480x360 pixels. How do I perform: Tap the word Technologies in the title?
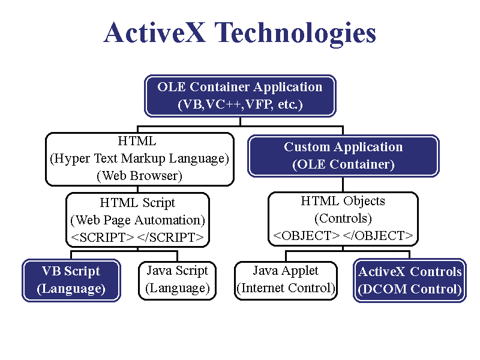click(294, 34)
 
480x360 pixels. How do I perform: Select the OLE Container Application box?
click(240, 95)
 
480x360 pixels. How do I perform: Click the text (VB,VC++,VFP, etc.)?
click(240, 104)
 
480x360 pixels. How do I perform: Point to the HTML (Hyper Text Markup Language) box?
click(139, 158)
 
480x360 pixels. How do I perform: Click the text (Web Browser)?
click(139, 176)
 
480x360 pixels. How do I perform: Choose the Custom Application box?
click(343, 155)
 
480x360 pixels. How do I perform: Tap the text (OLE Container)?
click(343, 164)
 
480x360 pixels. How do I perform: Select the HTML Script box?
click(138, 220)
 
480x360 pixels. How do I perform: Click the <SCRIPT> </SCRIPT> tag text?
click(138, 237)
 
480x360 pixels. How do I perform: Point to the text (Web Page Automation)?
click(138, 220)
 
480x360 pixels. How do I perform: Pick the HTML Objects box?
click(343, 218)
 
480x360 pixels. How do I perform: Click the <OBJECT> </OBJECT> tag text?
click(343, 235)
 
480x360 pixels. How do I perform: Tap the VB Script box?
click(71, 280)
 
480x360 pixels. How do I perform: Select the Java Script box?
click(178, 280)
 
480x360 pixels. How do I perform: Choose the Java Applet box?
click(286, 280)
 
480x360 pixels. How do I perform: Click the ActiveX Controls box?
click(410, 280)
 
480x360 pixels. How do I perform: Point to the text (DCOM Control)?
click(410, 289)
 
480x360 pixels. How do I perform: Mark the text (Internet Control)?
click(286, 288)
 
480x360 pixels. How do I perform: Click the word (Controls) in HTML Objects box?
click(343, 218)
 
